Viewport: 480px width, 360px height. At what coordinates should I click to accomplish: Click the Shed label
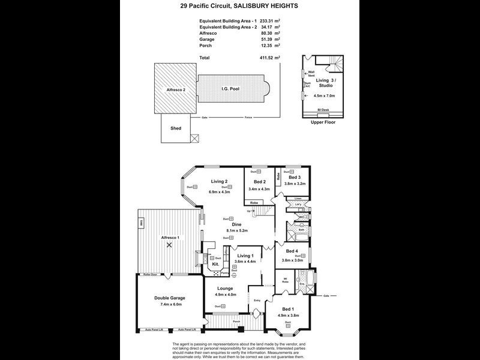tap(176, 128)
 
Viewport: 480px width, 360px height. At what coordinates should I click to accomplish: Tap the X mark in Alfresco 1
tap(169, 245)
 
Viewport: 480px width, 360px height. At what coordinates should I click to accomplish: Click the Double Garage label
tap(169, 298)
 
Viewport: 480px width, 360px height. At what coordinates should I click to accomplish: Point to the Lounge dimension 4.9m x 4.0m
tap(226, 295)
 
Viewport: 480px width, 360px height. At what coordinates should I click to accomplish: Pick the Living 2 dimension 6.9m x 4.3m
tap(219, 192)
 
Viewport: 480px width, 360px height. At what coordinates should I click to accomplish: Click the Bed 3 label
tap(294, 178)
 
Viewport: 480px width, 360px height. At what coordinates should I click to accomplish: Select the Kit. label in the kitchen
tap(214, 263)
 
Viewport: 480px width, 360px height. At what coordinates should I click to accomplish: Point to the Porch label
tap(236, 322)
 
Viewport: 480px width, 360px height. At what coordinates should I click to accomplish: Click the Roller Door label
tap(150, 274)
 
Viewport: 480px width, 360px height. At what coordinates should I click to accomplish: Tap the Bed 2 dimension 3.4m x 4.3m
tap(259, 188)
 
